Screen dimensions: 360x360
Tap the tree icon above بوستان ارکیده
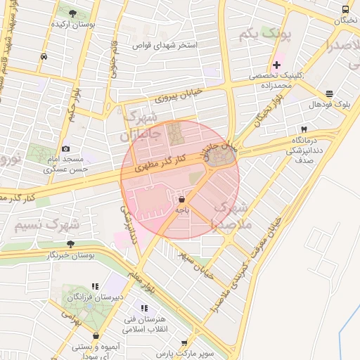[x=73, y=13]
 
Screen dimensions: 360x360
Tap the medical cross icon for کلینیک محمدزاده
[x=277, y=65]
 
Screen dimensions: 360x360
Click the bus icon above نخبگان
[x=345, y=9]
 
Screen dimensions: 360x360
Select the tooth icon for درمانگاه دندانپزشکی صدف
[x=304, y=129]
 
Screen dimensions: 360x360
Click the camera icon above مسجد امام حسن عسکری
[x=65, y=148]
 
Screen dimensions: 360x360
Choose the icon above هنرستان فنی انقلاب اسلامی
[x=145, y=308]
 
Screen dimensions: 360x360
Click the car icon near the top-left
[x=44, y=57]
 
